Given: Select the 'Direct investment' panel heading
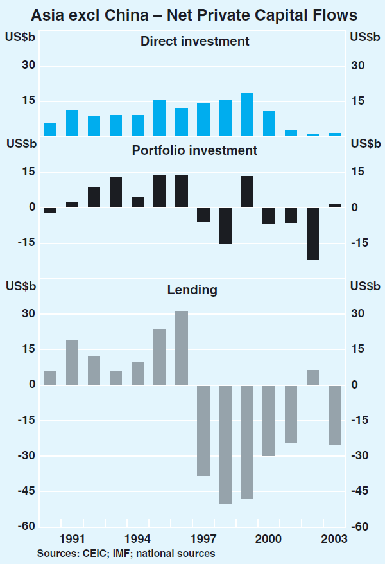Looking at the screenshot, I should pyautogui.click(x=194, y=42).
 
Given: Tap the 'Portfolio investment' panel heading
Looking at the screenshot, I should pyautogui.click(x=194, y=151).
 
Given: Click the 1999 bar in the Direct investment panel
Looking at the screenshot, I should pyautogui.click(x=247, y=114).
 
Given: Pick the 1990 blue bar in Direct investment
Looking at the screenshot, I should pyautogui.click(x=50, y=129).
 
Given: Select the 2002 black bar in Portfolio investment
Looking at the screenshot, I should pyautogui.click(x=312, y=233).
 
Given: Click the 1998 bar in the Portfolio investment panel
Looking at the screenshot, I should pyautogui.click(x=225, y=225).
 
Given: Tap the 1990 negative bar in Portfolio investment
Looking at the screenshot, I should pyautogui.click(x=50, y=210).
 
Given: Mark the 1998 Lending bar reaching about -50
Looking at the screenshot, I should pyautogui.click(x=225, y=445).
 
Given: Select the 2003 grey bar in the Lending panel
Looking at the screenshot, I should pyautogui.click(x=334, y=415).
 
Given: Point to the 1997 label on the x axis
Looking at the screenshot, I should pyautogui.click(x=203, y=538).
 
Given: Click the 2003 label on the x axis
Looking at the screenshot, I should pyautogui.click(x=335, y=538).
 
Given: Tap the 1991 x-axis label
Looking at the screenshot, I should pyautogui.click(x=72, y=538).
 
